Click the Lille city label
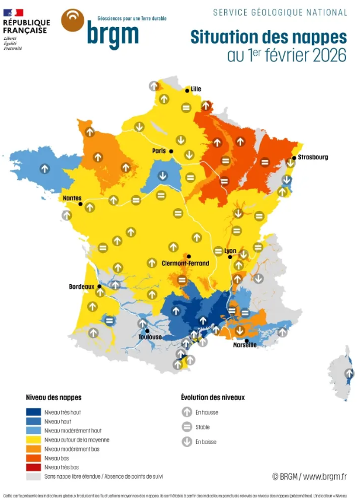point(196,89)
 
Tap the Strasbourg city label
point(313,157)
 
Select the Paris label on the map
point(159,151)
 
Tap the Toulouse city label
point(150,337)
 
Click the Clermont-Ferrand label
point(185,264)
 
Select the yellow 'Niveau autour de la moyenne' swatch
point(33,439)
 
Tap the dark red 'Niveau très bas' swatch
point(33,467)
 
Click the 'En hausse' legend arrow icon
point(187,412)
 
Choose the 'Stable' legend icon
point(187,427)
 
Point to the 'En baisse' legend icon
point(187,442)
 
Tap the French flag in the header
point(13,12)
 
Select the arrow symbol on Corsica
point(349,373)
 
